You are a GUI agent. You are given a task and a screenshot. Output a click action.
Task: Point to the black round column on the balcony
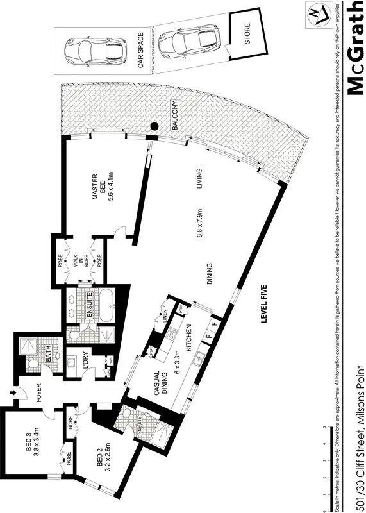coord(154,127)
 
